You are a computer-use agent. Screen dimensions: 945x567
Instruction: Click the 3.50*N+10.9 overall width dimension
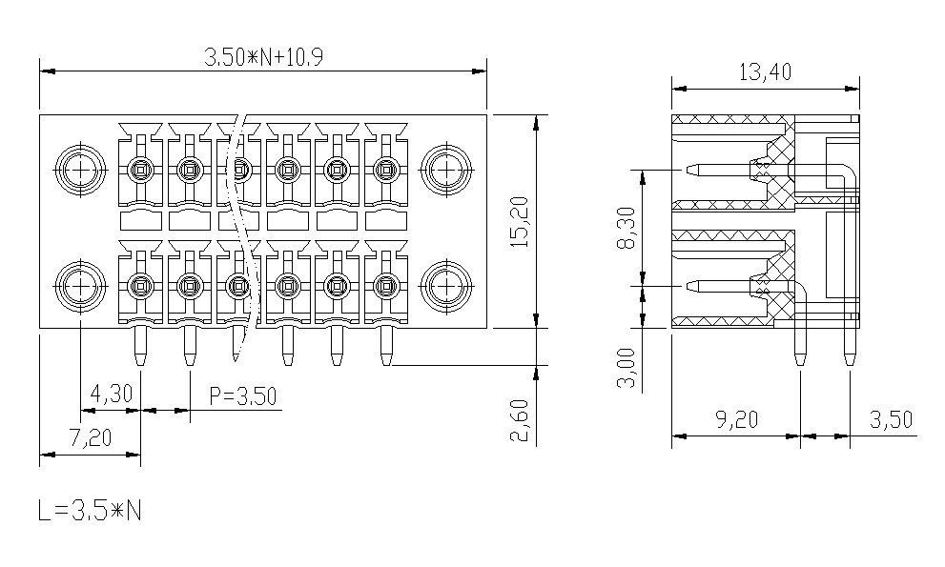pos(263,57)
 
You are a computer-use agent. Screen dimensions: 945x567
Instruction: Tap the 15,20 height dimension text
pos(519,221)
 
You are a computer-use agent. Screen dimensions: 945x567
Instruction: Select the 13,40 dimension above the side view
pos(765,72)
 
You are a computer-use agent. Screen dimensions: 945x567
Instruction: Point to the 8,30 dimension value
pos(627,227)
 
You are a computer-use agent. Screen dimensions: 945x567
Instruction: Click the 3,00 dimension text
pos(627,368)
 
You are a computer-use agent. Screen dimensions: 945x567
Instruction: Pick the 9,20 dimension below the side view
pos(736,419)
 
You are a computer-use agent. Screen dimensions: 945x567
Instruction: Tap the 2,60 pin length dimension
pos(519,420)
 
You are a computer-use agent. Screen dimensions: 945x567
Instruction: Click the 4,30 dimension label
pos(111,395)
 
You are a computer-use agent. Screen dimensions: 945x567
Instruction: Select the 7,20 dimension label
pos(91,437)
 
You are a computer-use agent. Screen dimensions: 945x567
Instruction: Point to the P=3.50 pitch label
pos(243,395)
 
